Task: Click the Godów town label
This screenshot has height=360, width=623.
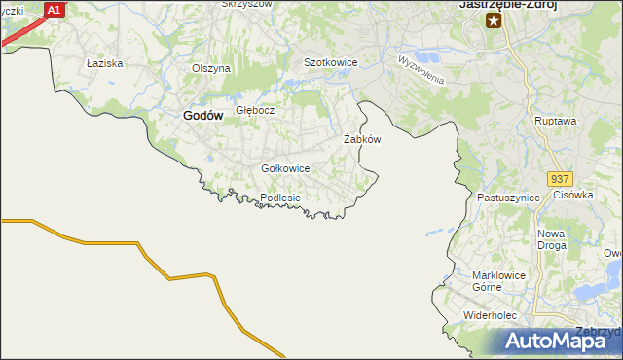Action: click(x=203, y=115)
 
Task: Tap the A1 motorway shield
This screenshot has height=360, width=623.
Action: click(x=55, y=10)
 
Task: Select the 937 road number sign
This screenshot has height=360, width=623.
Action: click(x=560, y=180)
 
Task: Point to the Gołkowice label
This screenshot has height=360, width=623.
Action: click(x=285, y=168)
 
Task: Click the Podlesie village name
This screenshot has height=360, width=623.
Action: click(x=280, y=198)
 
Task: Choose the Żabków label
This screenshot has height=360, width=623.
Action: click(x=362, y=139)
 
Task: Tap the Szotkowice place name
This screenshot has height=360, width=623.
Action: click(x=331, y=62)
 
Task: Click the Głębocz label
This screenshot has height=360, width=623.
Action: click(x=255, y=110)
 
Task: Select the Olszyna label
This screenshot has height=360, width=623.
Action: click(x=210, y=68)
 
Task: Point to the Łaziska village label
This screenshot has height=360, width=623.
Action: click(x=103, y=63)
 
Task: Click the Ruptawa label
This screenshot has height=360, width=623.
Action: click(x=556, y=121)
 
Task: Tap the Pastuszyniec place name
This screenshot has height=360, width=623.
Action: click(x=508, y=197)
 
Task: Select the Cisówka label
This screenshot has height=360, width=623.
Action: click(x=573, y=195)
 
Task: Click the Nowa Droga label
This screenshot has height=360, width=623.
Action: click(x=552, y=239)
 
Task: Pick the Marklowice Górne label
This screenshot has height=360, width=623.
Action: click(x=498, y=280)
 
